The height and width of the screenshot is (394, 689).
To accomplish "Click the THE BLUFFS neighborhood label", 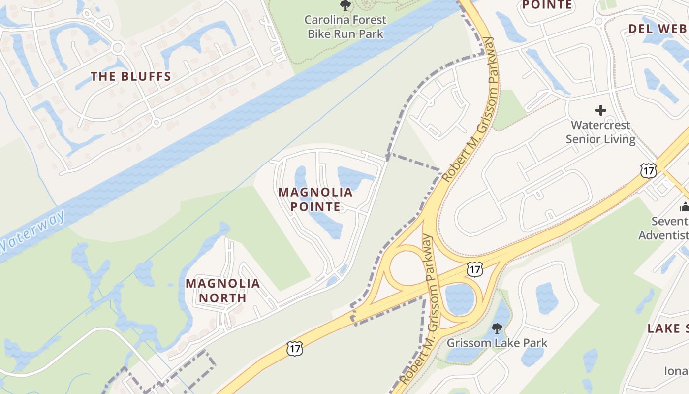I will pyautogui.click(x=131, y=76).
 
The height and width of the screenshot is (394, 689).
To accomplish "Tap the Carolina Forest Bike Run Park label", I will pyautogui.click(x=345, y=27).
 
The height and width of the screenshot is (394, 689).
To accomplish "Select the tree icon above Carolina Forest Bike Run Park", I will pyautogui.click(x=345, y=6).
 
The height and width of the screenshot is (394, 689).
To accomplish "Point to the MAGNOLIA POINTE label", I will pyautogui.click(x=315, y=199).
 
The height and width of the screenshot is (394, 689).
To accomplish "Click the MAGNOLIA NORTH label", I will pyautogui.click(x=222, y=290).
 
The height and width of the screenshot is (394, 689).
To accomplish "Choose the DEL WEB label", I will pyautogui.click(x=658, y=29).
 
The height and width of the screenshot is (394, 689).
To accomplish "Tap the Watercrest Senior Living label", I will pyautogui.click(x=601, y=132).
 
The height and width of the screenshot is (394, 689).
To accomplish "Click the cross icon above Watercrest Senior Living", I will pyautogui.click(x=601, y=110).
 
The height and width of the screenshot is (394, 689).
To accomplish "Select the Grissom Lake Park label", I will pyautogui.click(x=497, y=342).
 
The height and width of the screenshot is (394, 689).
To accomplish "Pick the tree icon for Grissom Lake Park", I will pyautogui.click(x=497, y=328).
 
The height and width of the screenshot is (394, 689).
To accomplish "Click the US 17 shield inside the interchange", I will pyautogui.click(x=474, y=269).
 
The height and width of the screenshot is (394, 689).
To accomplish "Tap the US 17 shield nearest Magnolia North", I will pyautogui.click(x=294, y=349).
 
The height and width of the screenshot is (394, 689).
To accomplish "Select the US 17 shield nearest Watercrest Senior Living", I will pyautogui.click(x=649, y=171).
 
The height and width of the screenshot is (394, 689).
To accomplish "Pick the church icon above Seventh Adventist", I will pyautogui.click(x=685, y=206).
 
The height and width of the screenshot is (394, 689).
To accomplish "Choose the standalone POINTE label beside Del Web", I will pyautogui.click(x=547, y=5).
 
